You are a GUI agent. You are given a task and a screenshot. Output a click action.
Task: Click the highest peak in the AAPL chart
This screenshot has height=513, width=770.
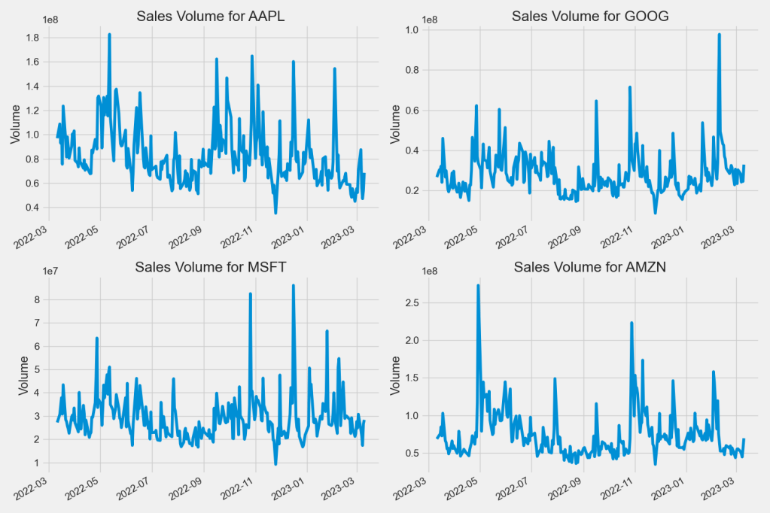coord(109,35)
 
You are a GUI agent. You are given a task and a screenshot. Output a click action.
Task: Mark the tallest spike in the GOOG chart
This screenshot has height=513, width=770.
coord(719,35)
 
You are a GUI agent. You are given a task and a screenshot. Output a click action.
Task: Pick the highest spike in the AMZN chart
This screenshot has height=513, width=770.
coord(478,286)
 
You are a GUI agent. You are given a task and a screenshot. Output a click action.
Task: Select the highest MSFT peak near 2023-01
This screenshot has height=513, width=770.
coord(294,286)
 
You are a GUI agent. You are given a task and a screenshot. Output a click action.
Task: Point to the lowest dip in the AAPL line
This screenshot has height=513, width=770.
coord(275,213)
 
